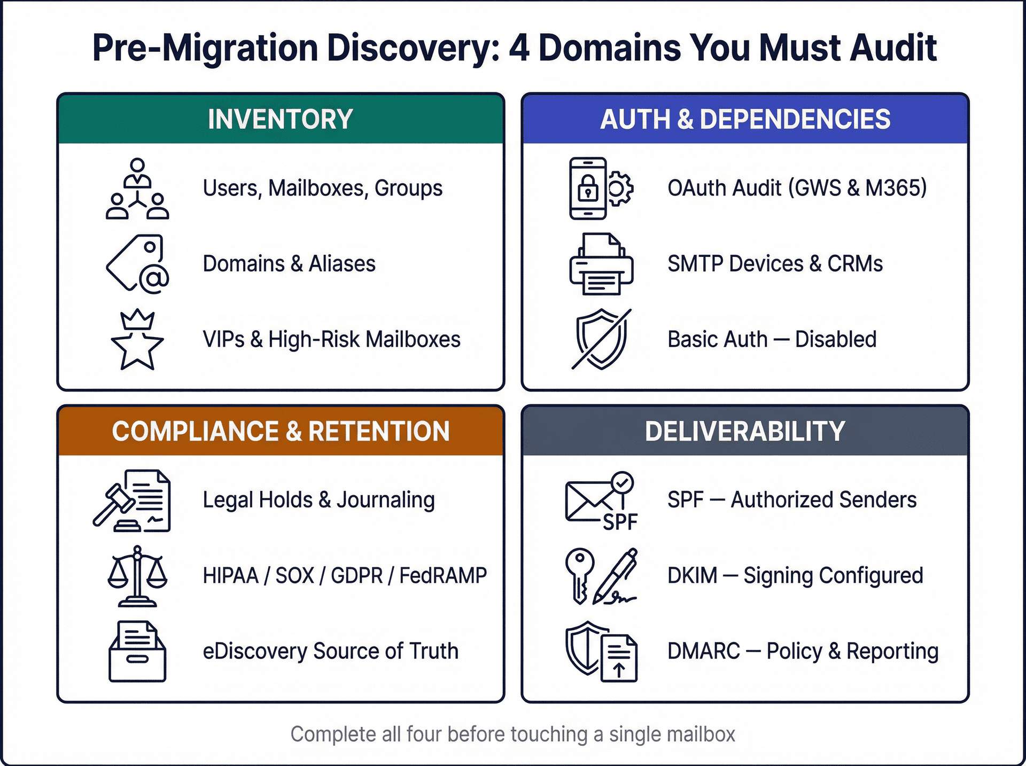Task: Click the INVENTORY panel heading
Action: click(x=280, y=119)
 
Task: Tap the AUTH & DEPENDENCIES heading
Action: click(x=745, y=119)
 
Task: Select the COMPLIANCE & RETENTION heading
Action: click(x=280, y=431)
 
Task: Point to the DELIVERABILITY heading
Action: click(x=745, y=431)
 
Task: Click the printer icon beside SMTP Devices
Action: click(x=601, y=264)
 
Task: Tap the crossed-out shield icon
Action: click(x=601, y=339)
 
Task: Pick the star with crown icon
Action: click(x=137, y=340)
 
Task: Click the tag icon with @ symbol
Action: click(x=138, y=264)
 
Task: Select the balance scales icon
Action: click(x=137, y=576)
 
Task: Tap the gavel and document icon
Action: click(x=133, y=501)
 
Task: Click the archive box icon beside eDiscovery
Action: click(x=137, y=651)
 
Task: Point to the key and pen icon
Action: click(x=601, y=576)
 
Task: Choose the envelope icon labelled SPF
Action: click(x=601, y=501)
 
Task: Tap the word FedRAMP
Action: click(x=443, y=576)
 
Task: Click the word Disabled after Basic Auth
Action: click(x=836, y=339)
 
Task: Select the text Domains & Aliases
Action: click(x=289, y=264)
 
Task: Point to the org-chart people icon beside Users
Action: click(x=137, y=189)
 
